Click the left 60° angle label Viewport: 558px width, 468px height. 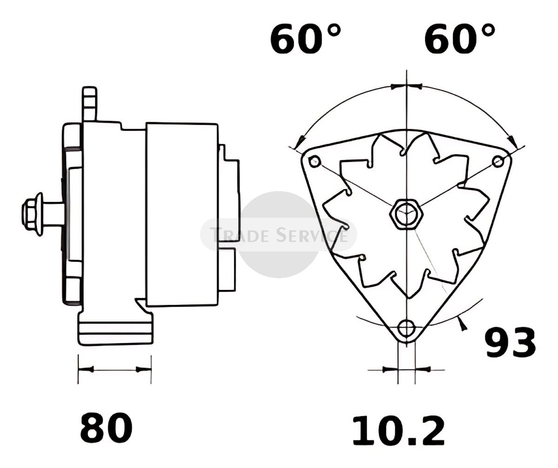click(306, 40)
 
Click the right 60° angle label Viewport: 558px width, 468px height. click(459, 40)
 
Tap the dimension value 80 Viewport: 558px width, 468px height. click(106, 428)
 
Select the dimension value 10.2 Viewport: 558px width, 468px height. click(399, 431)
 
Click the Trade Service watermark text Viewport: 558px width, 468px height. click(279, 235)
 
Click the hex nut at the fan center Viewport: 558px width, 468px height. click(406, 214)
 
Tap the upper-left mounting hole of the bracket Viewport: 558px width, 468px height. click(315, 162)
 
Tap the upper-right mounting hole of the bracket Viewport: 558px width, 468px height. click(498, 161)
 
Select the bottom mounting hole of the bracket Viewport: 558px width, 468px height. click(406, 328)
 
